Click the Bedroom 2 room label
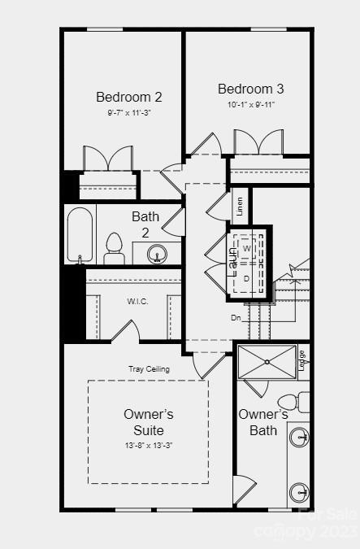coord(129,97)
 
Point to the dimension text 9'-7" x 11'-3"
coord(129,112)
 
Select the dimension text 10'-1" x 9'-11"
coord(251,104)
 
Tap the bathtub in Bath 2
coord(80,235)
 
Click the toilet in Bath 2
coord(114,247)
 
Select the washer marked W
coord(247,247)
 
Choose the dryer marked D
coord(247,278)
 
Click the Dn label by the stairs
coord(236,317)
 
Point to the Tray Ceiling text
coord(149,369)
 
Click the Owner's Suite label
coord(148,422)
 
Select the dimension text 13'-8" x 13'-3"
coord(148,445)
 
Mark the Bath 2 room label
coord(145,224)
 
